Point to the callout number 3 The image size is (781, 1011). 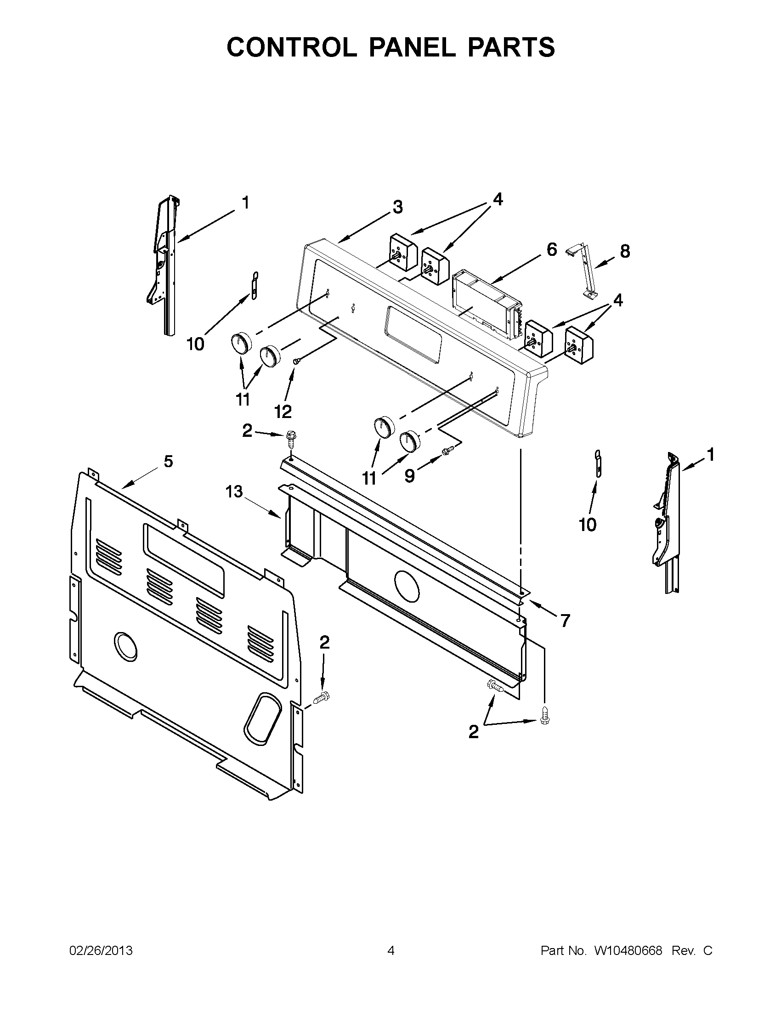[x=397, y=207]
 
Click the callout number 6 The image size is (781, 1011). [x=551, y=250]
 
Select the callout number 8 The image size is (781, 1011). [x=624, y=252]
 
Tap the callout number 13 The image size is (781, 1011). [x=234, y=491]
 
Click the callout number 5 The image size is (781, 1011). [x=168, y=461]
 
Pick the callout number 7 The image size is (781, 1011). [x=565, y=621]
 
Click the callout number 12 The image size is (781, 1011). [x=283, y=411]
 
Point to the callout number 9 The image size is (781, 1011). [x=409, y=475]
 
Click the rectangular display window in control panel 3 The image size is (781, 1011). [x=412, y=334]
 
